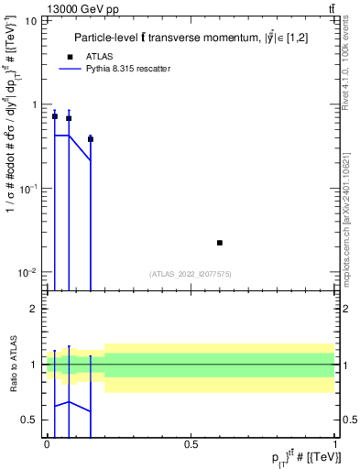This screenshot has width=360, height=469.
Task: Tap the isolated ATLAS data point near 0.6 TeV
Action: click(220, 243)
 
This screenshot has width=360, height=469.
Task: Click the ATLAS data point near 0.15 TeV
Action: click(91, 139)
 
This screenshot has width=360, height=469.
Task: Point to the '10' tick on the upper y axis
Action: click(30, 20)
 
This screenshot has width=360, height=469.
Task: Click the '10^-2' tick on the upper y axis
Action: click(28, 273)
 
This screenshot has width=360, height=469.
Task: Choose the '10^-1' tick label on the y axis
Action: click(28, 189)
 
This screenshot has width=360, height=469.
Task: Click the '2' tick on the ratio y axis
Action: click(34, 309)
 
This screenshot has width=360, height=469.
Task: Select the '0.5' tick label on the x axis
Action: click(191, 443)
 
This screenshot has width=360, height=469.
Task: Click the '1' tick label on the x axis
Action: click(333, 443)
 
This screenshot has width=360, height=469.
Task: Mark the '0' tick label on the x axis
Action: click(48, 443)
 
